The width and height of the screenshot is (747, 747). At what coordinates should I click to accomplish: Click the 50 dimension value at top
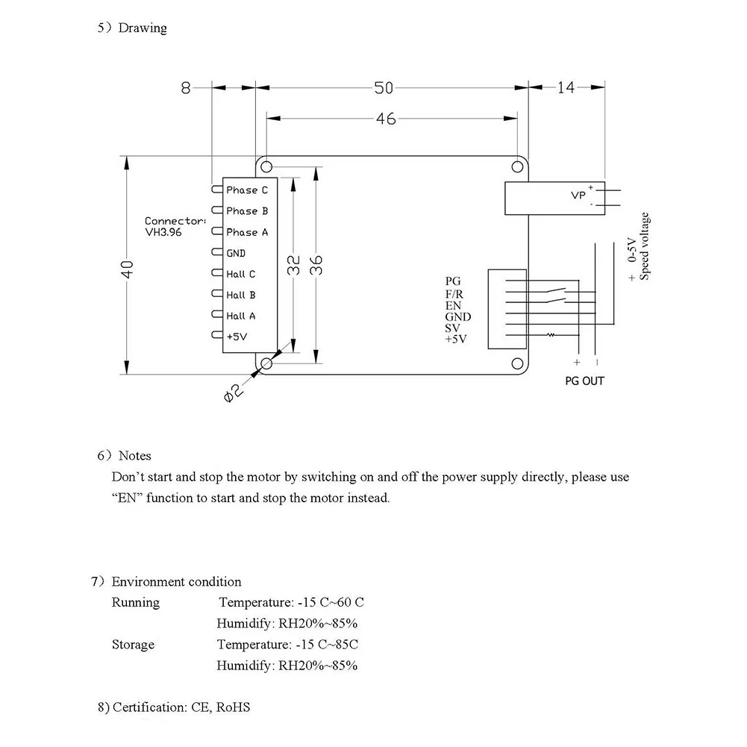[384, 87]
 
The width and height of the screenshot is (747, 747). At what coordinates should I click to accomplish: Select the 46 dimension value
[385, 119]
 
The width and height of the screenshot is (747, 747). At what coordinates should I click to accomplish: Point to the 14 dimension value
[566, 87]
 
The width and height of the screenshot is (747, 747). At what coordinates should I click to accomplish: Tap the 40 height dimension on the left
[127, 269]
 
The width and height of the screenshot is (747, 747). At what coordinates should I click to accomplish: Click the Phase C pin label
[247, 190]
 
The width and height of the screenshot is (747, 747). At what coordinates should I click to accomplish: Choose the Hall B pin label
[240, 295]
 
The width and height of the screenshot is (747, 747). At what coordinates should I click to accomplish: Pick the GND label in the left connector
[236, 253]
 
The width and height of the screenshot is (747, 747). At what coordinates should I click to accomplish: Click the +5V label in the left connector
[237, 337]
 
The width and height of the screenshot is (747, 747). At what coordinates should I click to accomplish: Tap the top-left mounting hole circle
[267, 166]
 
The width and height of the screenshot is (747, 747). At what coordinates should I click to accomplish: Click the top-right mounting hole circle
[517, 166]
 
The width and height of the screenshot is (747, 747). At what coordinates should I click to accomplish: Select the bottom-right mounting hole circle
[517, 363]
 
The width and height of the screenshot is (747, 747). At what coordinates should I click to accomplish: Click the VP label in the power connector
[578, 196]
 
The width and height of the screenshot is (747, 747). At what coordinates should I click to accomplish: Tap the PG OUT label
[584, 381]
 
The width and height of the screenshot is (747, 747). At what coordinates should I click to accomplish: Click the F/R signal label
[454, 295]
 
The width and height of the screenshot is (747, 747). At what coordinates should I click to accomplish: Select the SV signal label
[452, 328]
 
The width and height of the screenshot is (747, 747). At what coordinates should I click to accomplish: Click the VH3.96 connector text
[163, 233]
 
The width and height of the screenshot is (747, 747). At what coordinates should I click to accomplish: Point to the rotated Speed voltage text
[644, 246]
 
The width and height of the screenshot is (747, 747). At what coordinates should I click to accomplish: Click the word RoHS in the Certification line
[233, 707]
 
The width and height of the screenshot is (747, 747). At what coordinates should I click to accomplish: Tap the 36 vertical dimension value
[316, 265]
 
